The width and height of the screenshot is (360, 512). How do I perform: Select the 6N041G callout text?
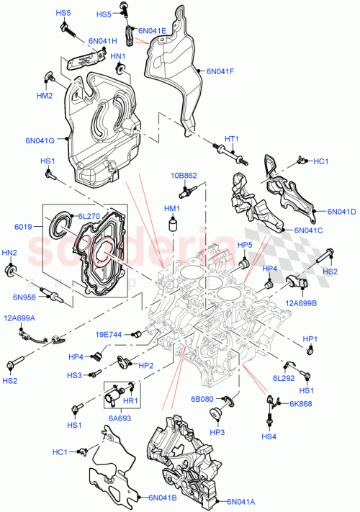(40, 140)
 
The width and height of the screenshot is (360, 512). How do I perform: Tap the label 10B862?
(184, 175)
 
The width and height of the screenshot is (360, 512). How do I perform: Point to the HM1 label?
(172, 209)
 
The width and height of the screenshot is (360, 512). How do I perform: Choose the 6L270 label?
(89, 215)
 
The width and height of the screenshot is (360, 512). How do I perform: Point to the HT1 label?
(231, 139)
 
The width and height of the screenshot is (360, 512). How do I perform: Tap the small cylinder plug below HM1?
(172, 227)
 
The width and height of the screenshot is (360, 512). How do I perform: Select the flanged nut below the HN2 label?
(12, 271)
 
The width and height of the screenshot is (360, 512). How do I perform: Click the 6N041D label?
(341, 212)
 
